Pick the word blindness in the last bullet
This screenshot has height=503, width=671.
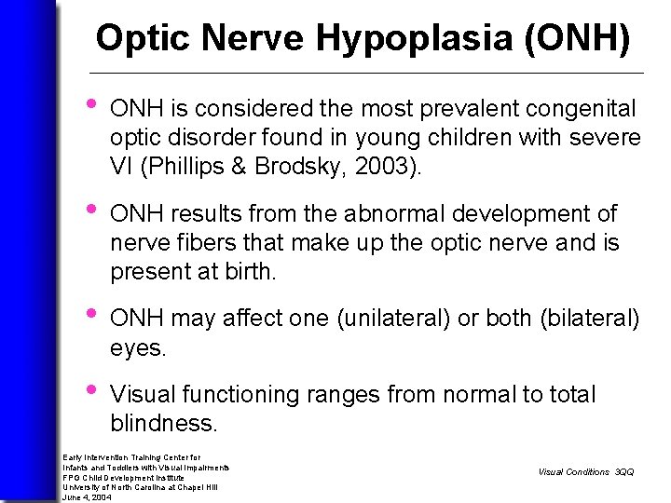point(163,424)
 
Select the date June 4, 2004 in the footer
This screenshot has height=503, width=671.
point(87,497)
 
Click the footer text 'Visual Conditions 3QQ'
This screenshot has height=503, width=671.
point(585,472)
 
